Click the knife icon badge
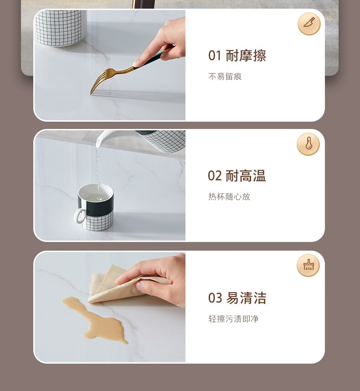(309, 24)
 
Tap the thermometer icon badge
(308, 144)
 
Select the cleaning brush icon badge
(308, 265)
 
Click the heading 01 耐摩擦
(237, 55)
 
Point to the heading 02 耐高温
(237, 176)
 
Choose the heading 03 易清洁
(237, 298)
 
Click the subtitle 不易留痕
(225, 77)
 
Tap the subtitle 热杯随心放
(229, 196)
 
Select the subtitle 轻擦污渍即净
(233, 319)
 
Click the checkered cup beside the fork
(59, 28)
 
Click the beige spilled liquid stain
(95, 317)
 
